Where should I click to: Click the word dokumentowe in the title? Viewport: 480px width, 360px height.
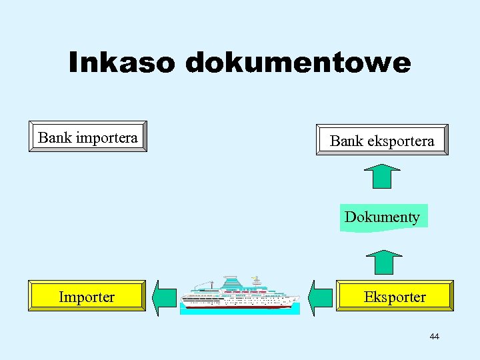[298, 63]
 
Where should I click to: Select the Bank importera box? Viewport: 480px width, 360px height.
[88, 137]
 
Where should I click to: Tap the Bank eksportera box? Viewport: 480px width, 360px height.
[382, 140]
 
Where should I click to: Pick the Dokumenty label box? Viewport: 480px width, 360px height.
[383, 217]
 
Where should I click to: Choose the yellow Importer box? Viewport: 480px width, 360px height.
[87, 297]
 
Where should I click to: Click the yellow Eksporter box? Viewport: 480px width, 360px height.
[395, 296]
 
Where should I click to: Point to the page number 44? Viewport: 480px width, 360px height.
[434, 337]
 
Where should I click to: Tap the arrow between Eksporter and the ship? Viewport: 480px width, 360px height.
[321, 297]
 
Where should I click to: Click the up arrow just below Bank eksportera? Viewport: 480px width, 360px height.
[381, 177]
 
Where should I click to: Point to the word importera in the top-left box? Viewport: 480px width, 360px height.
[107, 137]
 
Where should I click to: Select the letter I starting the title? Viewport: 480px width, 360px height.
[73, 63]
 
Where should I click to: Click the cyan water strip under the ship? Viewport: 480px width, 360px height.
[240, 311]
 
